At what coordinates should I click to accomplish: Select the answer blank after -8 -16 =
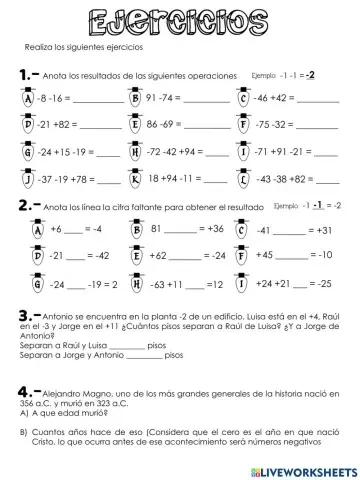coord(97,100)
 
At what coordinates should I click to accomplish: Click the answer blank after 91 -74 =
coord(208,100)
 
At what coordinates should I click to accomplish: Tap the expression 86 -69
coord(165,127)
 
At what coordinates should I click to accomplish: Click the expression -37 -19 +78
coord(62,181)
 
